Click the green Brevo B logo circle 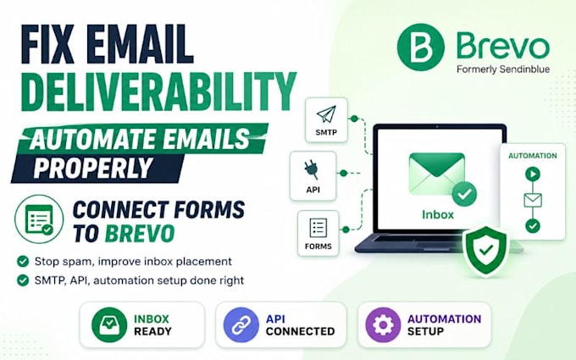click(421, 47)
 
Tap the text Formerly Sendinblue click(503, 69)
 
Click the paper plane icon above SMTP click(326, 114)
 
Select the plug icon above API click(312, 170)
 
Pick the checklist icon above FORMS click(318, 228)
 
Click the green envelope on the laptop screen click(437, 174)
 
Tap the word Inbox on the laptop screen click(438, 214)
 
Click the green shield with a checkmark click(486, 251)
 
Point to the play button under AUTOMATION click(533, 174)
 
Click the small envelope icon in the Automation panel click(533, 200)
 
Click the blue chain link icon click(241, 324)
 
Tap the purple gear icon click(383, 324)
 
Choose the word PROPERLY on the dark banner click(93, 168)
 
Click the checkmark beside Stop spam click(23, 262)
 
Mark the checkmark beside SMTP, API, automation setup click(23, 280)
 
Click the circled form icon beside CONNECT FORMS click(39, 219)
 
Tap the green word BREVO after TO click(140, 233)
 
